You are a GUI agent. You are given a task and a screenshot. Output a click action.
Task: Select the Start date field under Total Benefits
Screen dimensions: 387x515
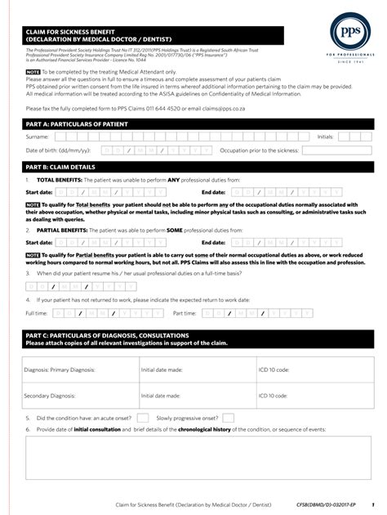tap(110, 192)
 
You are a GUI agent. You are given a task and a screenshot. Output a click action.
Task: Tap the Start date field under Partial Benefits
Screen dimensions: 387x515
tap(110, 243)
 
